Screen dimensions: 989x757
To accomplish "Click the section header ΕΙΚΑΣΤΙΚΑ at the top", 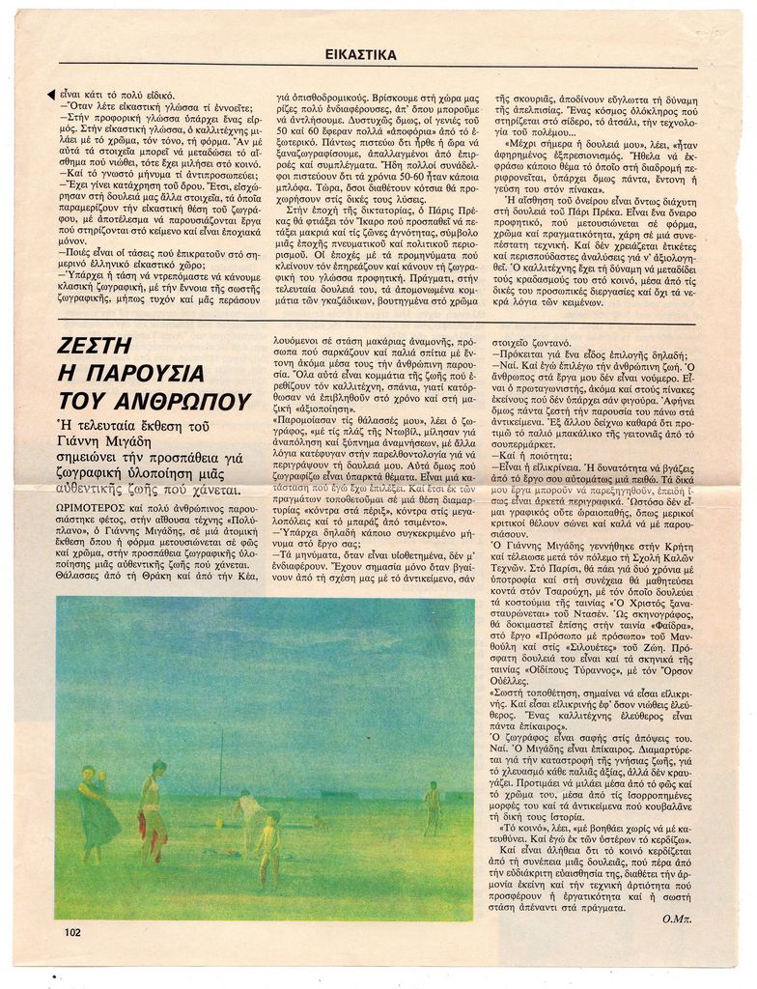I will (360, 55).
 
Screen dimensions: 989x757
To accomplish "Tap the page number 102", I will (72, 933).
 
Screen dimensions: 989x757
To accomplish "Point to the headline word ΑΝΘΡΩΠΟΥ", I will (154, 402).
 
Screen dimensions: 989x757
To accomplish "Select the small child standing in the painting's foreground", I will (270, 847).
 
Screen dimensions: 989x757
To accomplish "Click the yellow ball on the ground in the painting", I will (219, 824).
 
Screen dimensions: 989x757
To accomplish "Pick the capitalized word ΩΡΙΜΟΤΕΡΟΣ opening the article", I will (90, 507).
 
